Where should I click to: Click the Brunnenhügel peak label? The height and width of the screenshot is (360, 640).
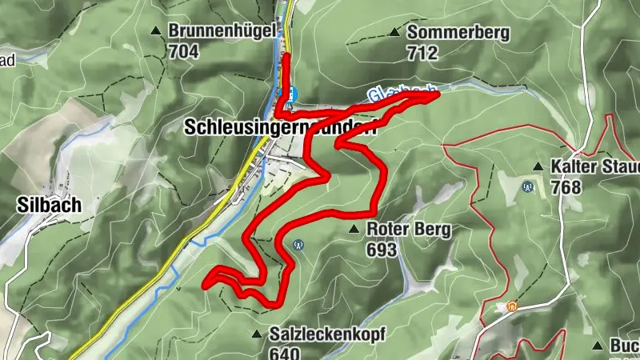(222, 32)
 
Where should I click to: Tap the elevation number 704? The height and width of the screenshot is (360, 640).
(182, 52)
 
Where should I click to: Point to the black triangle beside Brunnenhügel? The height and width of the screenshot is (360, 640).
(155, 32)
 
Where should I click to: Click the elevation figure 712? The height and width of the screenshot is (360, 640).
(422, 54)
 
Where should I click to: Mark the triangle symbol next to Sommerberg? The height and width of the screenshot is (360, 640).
(394, 33)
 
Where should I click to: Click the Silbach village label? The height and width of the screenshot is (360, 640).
(48, 205)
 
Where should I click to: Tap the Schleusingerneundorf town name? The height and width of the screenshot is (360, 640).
(280, 126)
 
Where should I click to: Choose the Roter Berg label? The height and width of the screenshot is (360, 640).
(408, 230)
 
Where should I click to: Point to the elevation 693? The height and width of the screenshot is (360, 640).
(382, 250)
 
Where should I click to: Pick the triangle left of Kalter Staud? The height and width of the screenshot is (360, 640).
(538, 167)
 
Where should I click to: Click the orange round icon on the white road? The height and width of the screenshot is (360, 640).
(511, 306)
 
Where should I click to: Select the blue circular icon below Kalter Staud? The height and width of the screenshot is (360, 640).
(527, 187)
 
